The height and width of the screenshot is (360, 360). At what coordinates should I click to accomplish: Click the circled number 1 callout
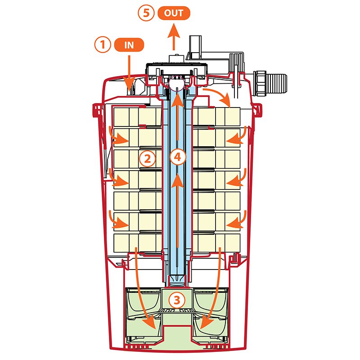click(103, 45)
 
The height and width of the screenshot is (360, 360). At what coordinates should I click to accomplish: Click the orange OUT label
click(174, 13)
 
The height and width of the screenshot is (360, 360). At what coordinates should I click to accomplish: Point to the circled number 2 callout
click(147, 158)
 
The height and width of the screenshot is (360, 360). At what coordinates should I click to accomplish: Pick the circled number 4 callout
click(178, 157)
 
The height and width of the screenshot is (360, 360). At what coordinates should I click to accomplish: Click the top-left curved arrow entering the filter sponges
click(118, 137)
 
